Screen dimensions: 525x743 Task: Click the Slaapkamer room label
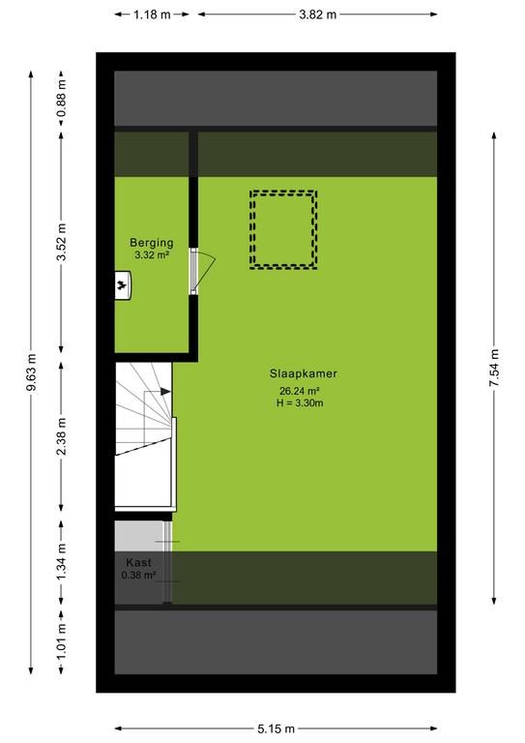304,373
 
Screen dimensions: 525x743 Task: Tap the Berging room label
152,243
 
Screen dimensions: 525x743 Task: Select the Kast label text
138,562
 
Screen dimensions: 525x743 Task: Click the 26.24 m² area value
299,391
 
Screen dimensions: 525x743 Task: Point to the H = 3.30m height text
300,403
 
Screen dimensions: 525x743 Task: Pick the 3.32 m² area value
152,255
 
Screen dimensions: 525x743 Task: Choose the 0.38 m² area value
138,576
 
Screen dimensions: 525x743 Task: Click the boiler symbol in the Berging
123,285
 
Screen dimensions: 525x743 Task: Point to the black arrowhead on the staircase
165,392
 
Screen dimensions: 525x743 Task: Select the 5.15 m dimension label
276,728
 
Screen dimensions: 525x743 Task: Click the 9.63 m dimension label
31,372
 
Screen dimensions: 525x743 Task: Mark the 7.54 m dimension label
494,368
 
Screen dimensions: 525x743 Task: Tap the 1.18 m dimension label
152,15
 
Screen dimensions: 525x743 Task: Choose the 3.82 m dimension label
317,15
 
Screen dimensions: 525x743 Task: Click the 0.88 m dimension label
61,99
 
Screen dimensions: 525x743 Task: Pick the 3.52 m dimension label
61,242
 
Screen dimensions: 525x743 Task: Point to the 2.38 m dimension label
61,436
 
